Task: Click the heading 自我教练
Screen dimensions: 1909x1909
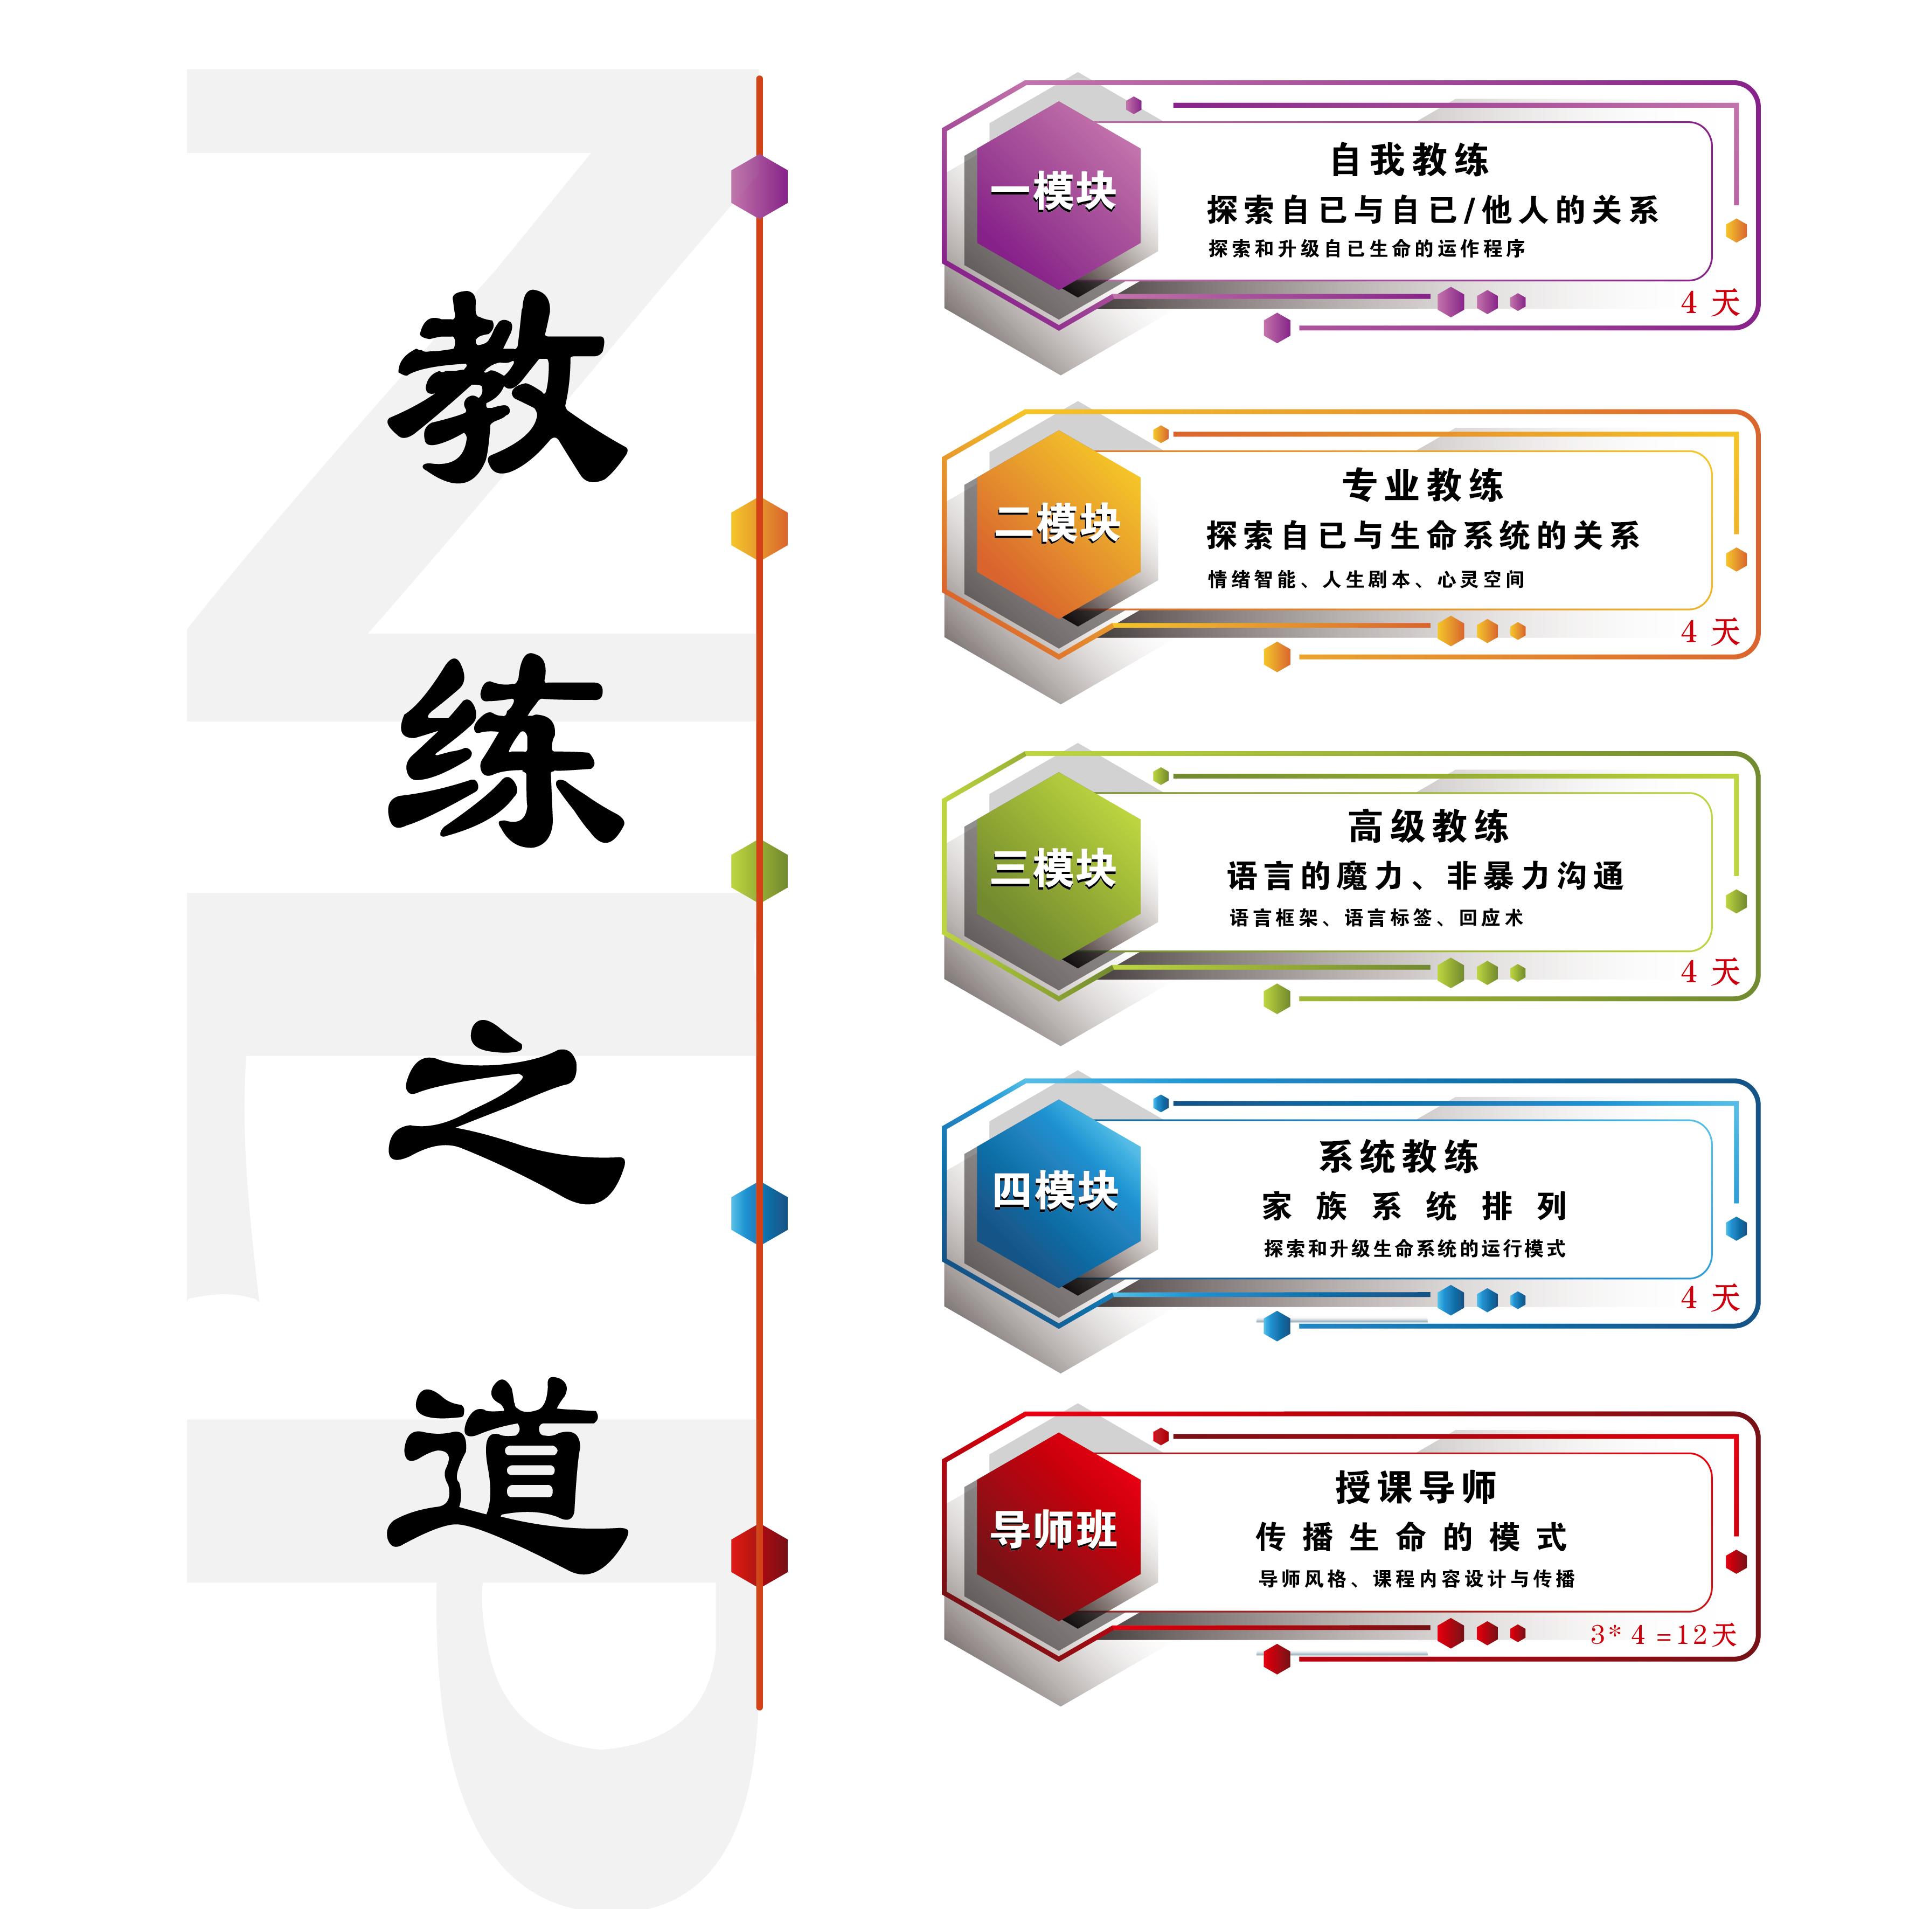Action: [1410, 160]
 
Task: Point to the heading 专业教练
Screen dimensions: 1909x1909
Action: [1423, 485]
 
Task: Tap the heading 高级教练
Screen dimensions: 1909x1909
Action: [1429, 826]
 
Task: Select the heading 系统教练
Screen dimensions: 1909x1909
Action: [1399, 1156]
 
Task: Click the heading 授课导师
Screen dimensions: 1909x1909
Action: [1416, 1486]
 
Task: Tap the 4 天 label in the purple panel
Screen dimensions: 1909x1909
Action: [1710, 302]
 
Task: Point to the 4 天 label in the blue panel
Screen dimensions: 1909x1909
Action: [1710, 1297]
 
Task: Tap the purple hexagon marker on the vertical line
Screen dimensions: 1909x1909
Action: [759, 186]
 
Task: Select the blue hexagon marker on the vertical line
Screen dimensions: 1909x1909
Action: [759, 1213]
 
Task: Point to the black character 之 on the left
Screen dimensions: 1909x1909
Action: [504, 1127]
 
